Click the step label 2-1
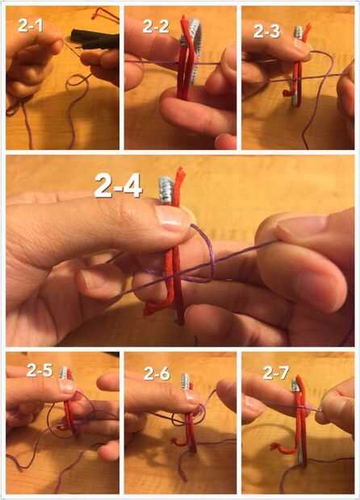tap(31, 25)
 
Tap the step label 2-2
tap(156, 26)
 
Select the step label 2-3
tap(267, 31)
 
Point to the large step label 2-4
tap(118, 185)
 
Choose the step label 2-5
tap(40, 370)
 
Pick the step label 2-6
tap(157, 373)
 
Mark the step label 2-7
tap(276, 373)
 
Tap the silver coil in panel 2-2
tap(191, 48)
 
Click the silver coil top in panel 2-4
tap(165, 190)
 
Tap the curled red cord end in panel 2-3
tap(288, 93)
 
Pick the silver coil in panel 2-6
tap(186, 381)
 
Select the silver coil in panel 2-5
tap(64, 373)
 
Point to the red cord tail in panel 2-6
tap(178, 442)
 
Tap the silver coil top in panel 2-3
tap(299, 32)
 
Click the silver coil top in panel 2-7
tap(295, 385)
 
